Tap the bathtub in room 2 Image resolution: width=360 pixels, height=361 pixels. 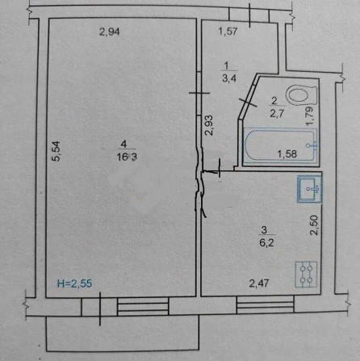(278, 145)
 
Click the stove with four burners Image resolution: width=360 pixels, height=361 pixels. (307, 274)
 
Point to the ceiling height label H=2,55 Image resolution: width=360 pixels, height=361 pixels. (74, 283)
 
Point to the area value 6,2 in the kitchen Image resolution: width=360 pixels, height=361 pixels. (260, 240)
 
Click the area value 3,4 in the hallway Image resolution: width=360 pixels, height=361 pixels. (229, 78)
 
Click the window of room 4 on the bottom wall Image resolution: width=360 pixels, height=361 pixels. (139, 305)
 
